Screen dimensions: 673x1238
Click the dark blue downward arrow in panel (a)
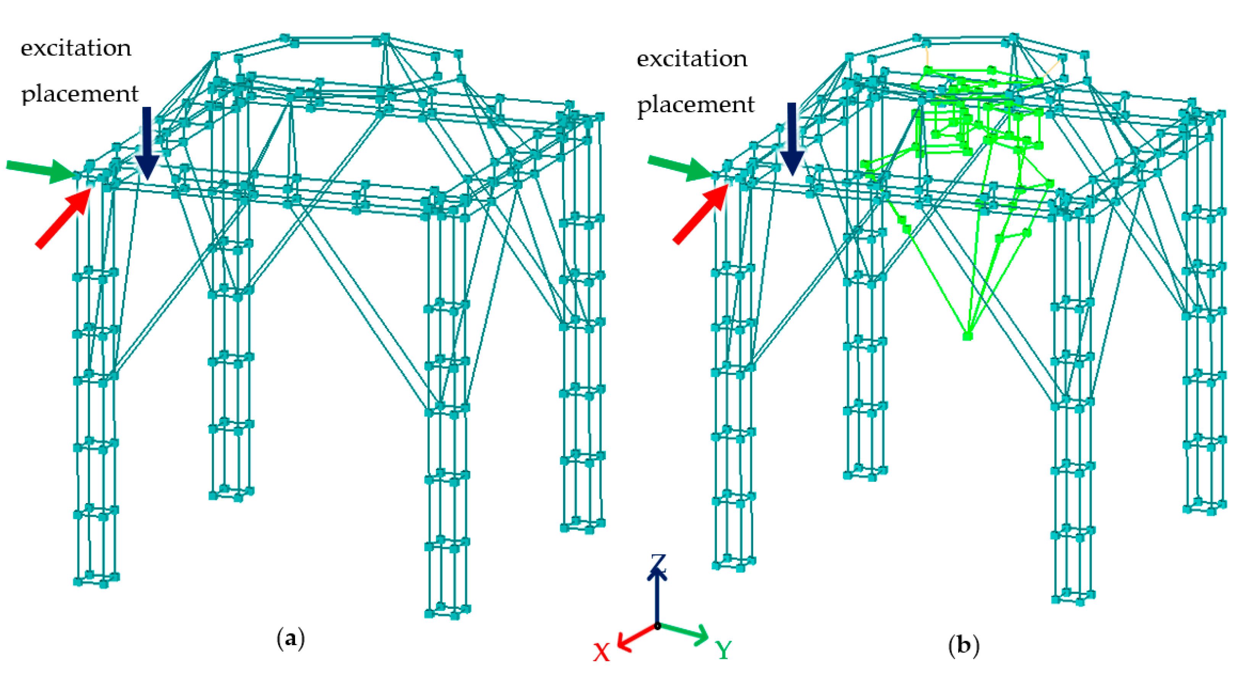pos(147,144)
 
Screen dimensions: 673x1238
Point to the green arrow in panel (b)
pos(680,167)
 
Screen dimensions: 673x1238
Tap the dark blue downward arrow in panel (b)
pos(791,139)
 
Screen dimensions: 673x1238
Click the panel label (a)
pos(291,639)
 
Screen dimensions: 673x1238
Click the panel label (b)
pos(964,645)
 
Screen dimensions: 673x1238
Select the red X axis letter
pos(601,653)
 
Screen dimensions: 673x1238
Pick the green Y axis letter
pos(723,650)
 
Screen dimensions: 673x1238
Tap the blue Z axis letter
pos(659,562)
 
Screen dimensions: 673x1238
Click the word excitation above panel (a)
pos(76,48)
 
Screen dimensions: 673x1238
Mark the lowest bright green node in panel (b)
pos(967,336)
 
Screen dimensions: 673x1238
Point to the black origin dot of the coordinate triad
pos(657,626)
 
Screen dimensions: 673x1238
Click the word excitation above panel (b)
pos(692,59)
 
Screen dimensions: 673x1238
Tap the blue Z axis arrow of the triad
pos(657,596)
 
